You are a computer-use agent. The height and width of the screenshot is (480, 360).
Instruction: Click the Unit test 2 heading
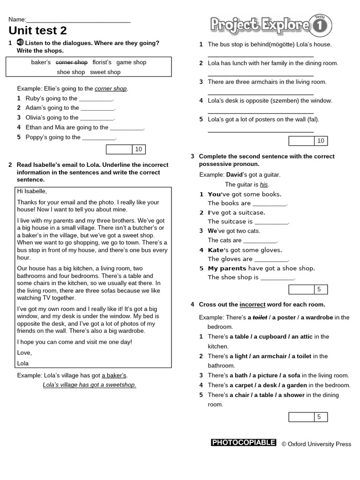tap(38, 31)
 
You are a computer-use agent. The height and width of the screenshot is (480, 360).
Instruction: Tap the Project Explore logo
tap(270, 25)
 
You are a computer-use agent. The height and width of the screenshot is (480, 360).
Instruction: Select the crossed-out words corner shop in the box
tap(72, 62)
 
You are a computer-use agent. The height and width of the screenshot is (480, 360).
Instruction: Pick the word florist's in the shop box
tap(102, 62)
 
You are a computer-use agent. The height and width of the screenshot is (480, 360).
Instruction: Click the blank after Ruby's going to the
tap(96, 99)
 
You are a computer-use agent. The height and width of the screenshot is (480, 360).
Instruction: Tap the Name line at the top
tap(78, 20)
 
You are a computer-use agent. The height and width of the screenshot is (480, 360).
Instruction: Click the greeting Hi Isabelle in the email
tap(32, 191)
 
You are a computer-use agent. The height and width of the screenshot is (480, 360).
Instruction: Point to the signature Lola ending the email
tap(23, 363)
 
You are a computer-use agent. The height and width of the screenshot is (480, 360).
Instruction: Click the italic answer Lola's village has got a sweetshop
tap(89, 385)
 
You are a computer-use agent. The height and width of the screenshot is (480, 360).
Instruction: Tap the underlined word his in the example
tap(264, 185)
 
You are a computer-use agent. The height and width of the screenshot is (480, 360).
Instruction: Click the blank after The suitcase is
tap(271, 222)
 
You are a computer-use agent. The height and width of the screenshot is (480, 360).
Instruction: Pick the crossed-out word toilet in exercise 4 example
tap(260, 317)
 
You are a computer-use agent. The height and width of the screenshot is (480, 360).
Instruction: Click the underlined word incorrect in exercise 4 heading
tap(252, 305)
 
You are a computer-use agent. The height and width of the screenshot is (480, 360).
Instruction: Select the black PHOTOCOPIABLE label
tap(243, 442)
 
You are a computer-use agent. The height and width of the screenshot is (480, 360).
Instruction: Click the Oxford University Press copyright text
tap(316, 444)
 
